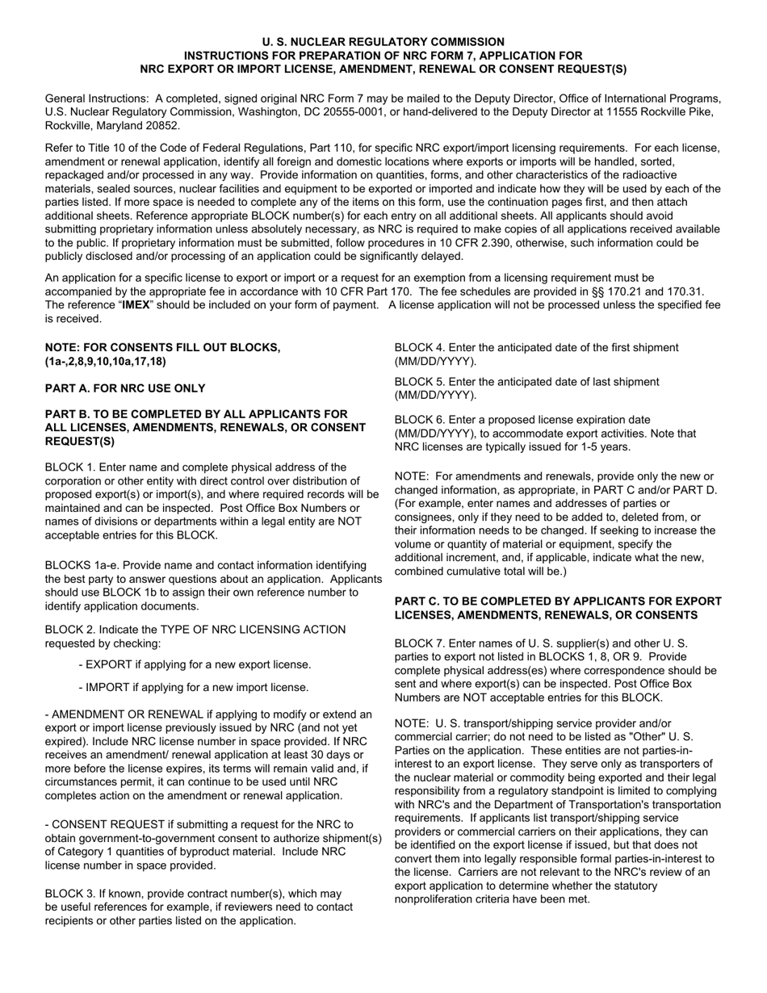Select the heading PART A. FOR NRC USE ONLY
pos(125,388)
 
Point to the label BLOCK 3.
pos(69,894)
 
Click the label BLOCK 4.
pos(418,347)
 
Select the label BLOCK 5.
pos(418,381)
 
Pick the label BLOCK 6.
pos(418,420)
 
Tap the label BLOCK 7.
pos(418,643)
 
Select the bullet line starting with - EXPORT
pos(195,664)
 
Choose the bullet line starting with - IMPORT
pos(194,687)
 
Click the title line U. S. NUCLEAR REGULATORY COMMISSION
pos(383,41)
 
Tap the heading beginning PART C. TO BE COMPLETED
pos(557,601)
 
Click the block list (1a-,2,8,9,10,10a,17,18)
pos(106,361)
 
